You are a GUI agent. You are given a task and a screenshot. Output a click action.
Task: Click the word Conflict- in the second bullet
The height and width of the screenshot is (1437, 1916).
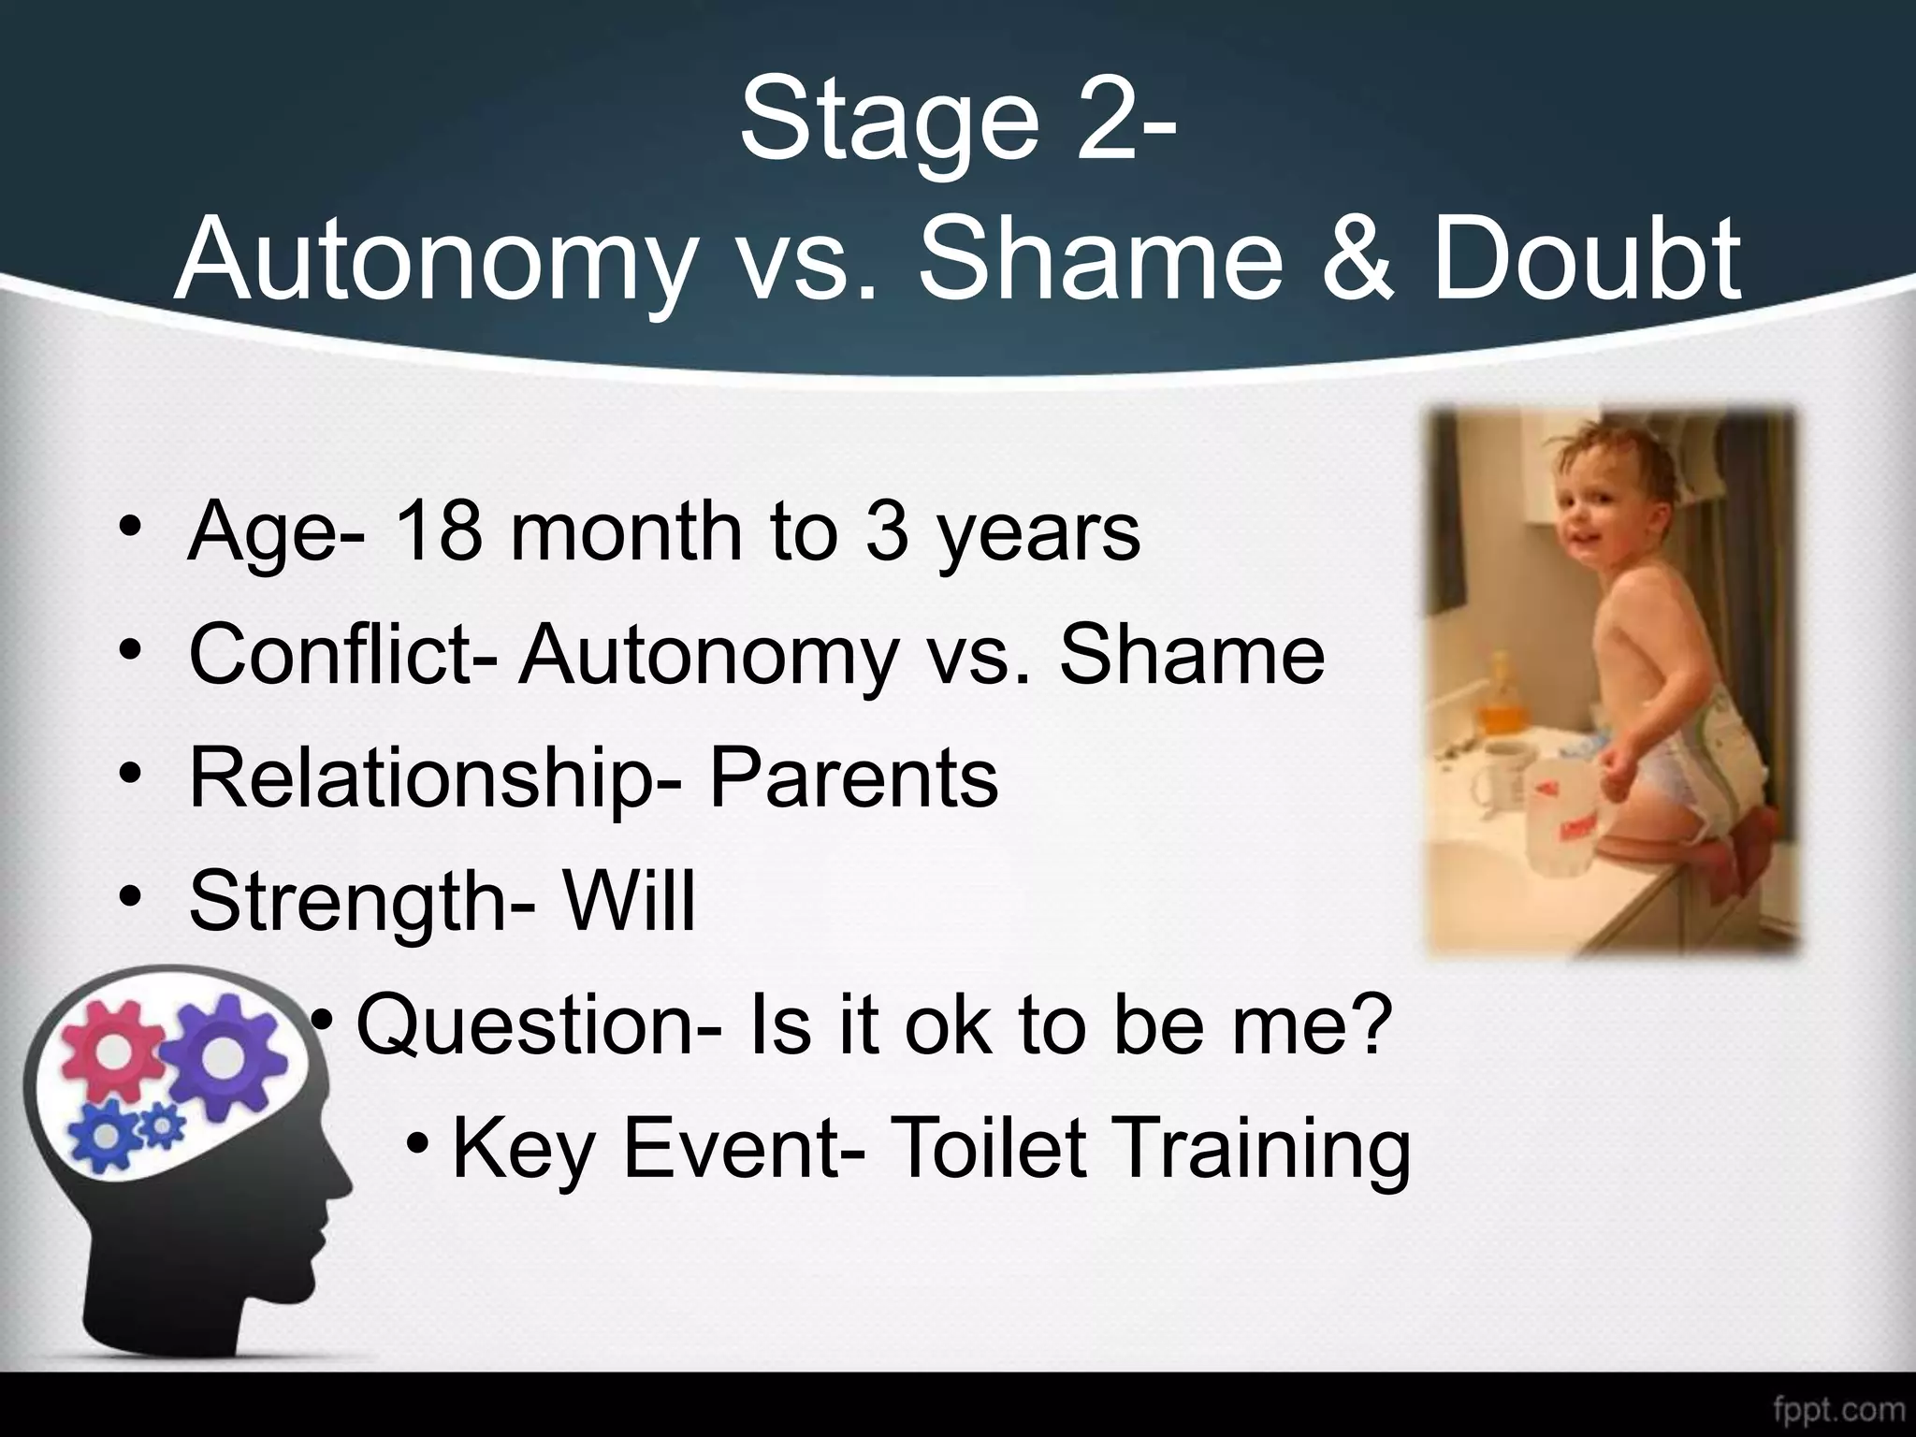click(x=342, y=654)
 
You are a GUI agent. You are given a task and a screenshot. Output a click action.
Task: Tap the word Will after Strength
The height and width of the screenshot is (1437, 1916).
click(x=629, y=900)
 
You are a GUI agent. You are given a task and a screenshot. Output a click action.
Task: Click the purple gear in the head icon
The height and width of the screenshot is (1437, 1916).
click(x=221, y=1052)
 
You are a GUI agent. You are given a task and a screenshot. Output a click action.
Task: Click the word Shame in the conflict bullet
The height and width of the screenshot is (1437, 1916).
click(x=1191, y=654)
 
